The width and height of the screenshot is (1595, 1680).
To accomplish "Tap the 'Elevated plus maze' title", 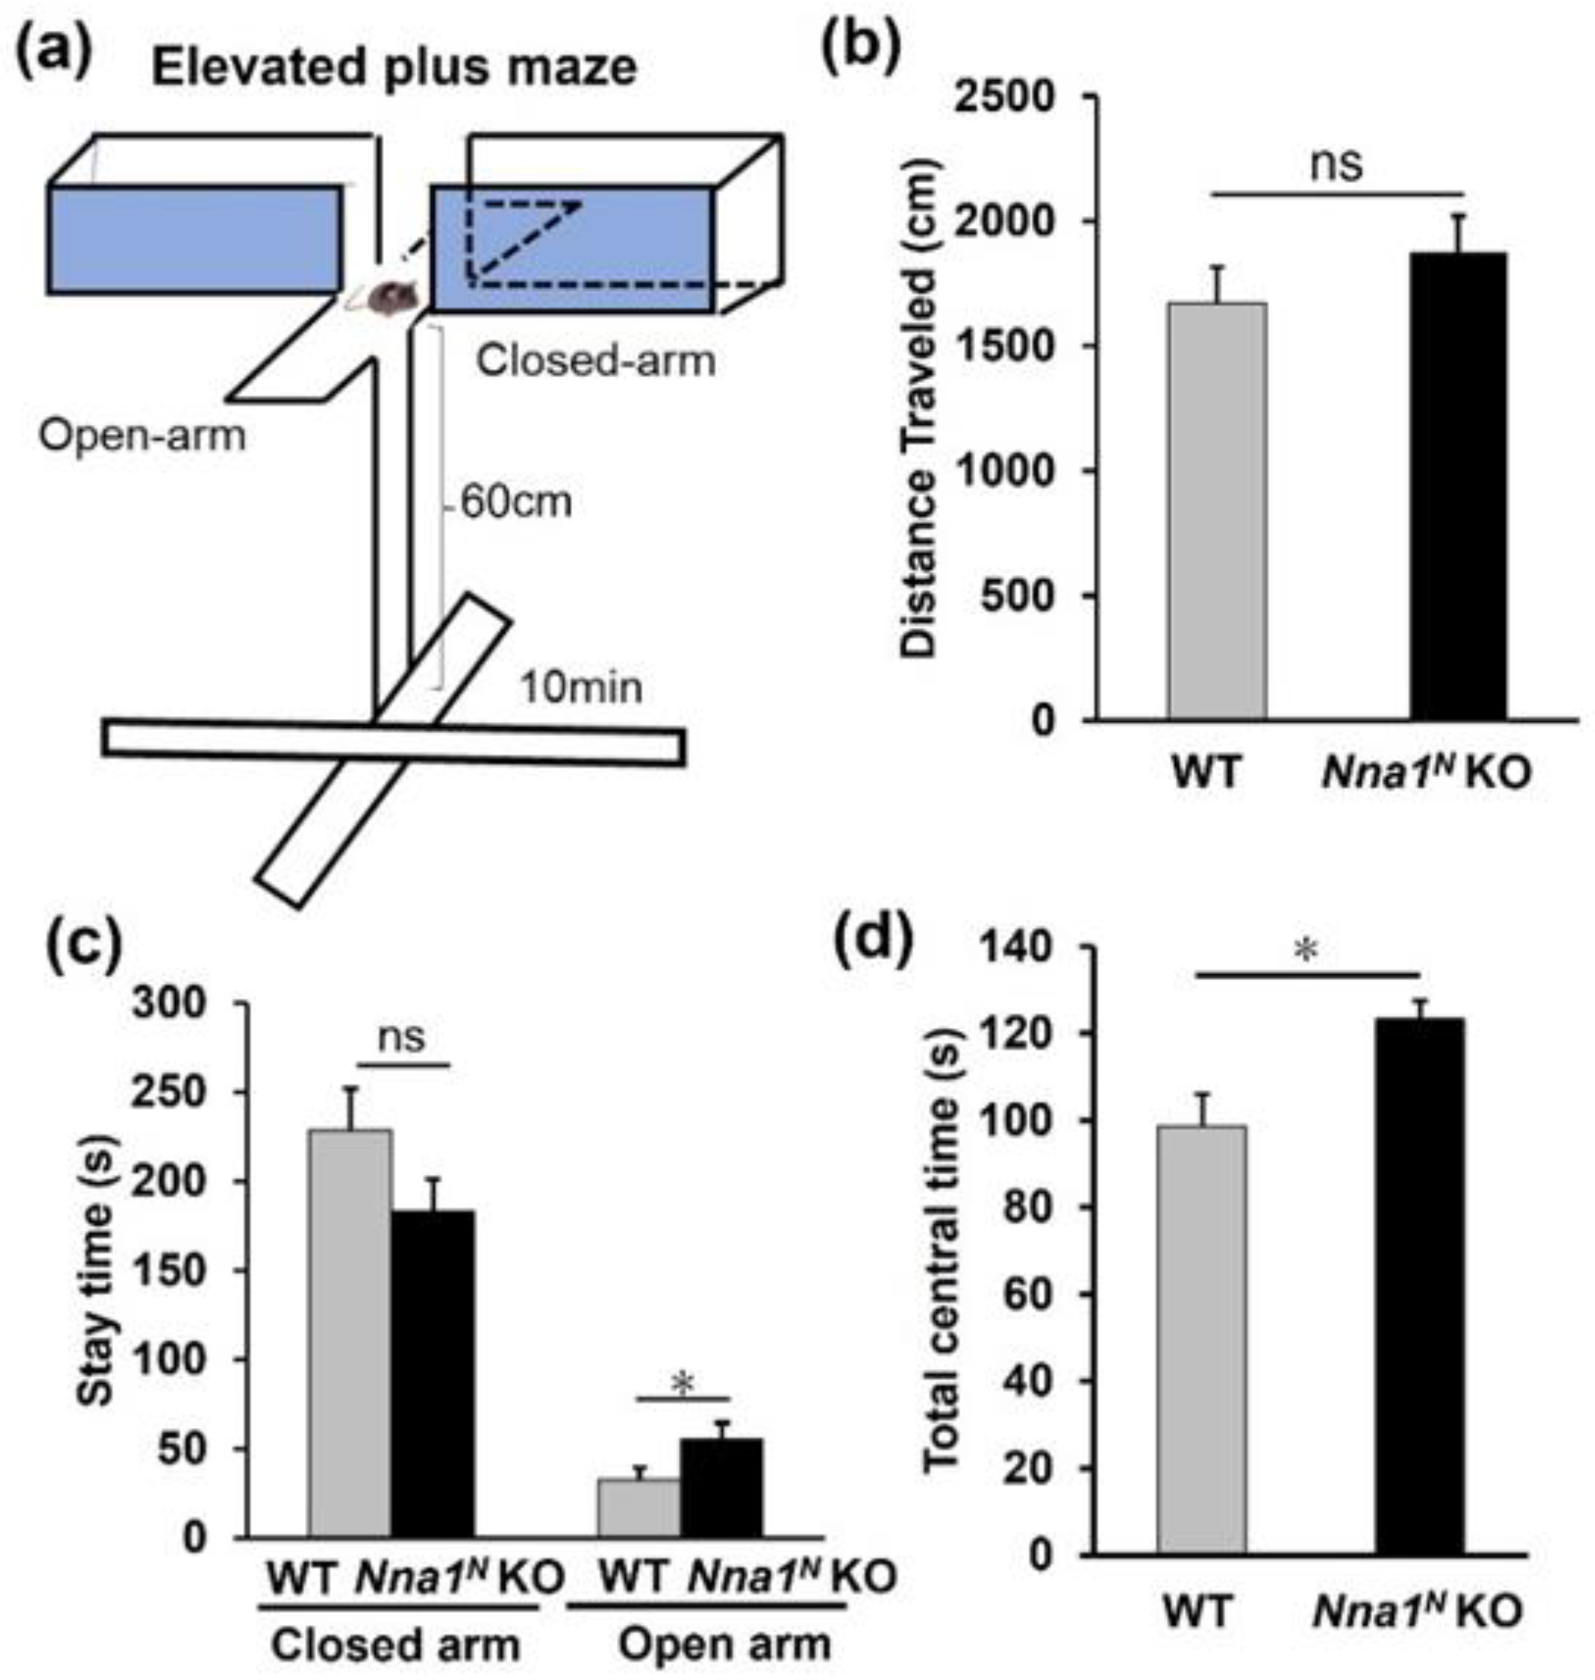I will pyautogui.click(x=394, y=68).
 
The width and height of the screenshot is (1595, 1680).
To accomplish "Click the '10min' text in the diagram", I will pyautogui.click(x=582, y=687).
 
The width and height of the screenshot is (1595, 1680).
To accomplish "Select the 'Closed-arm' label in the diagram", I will pyautogui.click(x=596, y=361).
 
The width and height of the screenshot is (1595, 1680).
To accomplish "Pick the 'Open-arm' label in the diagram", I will pyautogui.click(x=142, y=436).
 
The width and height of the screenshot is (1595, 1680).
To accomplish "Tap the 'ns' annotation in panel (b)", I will pyautogui.click(x=1335, y=164).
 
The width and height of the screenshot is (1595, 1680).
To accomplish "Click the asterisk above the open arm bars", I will pyautogui.click(x=682, y=1385).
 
